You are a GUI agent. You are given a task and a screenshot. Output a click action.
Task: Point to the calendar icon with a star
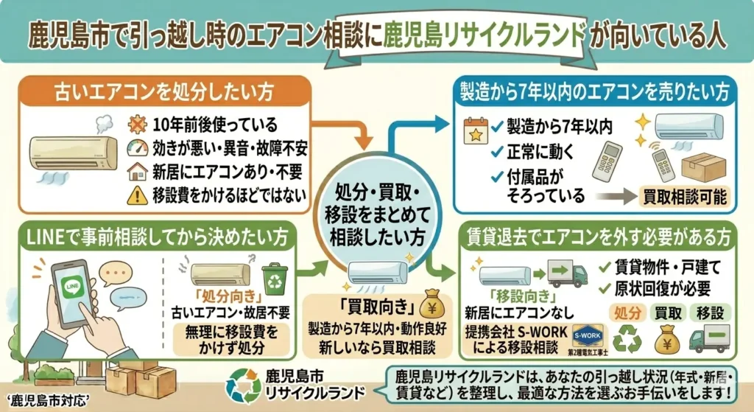476,130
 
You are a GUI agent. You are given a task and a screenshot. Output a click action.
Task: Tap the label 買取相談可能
676,198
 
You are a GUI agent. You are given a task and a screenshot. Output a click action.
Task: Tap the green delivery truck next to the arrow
569,275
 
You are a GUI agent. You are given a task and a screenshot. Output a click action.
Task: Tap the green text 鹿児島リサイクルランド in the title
485,35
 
